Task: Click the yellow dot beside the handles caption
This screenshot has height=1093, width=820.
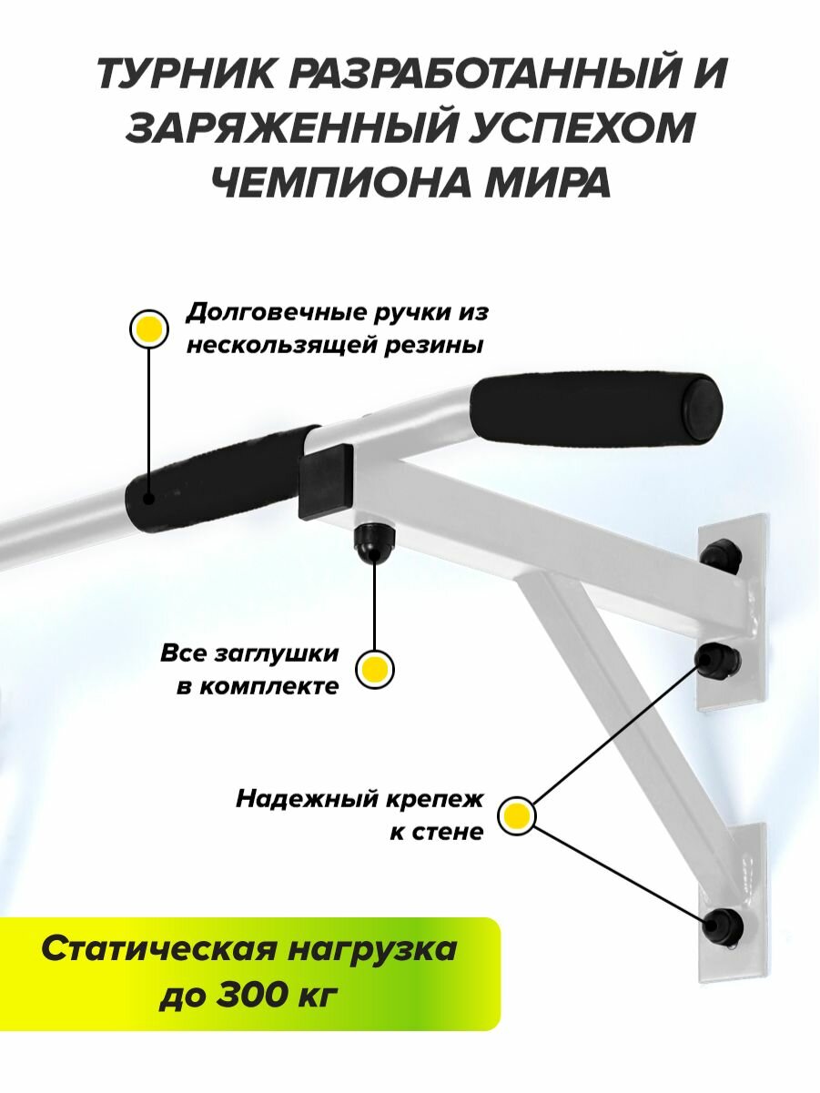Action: point(148,329)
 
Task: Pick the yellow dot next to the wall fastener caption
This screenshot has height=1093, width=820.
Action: point(517,815)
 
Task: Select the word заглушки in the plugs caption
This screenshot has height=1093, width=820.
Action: point(282,653)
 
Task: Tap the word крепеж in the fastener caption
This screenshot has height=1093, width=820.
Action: point(440,799)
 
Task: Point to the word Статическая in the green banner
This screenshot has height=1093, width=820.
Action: point(149,949)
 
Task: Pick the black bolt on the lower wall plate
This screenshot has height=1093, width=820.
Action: point(724,926)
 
